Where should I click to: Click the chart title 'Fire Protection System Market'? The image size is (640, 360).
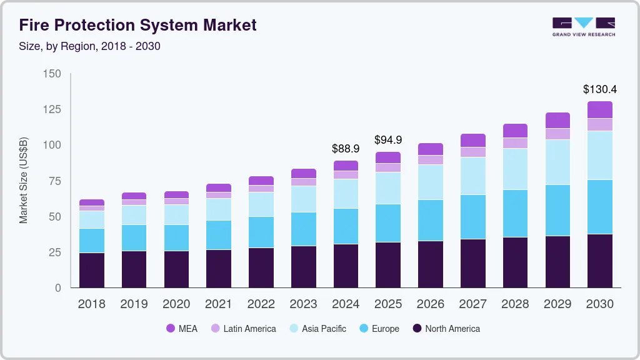coord(137,26)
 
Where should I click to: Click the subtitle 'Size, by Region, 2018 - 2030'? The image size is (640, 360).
coord(90,46)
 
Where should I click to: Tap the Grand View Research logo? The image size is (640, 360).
coord(583,26)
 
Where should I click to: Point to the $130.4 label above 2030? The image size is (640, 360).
coord(599,89)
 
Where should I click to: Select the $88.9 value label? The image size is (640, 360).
coord(346,149)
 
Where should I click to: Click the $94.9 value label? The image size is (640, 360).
coord(388,139)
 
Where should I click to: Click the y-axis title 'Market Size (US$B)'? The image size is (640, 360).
coord(24,181)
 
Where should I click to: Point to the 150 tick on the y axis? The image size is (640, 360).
coord(52,74)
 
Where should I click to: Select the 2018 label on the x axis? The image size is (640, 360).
coord(91,304)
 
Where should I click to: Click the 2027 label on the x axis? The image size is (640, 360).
coord(472,304)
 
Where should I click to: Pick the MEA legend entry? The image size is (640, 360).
coord(181,328)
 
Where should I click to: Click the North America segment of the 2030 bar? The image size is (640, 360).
coord(600,261)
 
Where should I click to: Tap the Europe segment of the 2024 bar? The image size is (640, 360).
coord(346,226)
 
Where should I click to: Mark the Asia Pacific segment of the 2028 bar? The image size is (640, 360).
coord(515,169)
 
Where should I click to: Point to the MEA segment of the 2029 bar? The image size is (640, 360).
coord(557,120)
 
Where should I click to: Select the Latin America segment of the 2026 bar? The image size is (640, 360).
coord(431,160)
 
